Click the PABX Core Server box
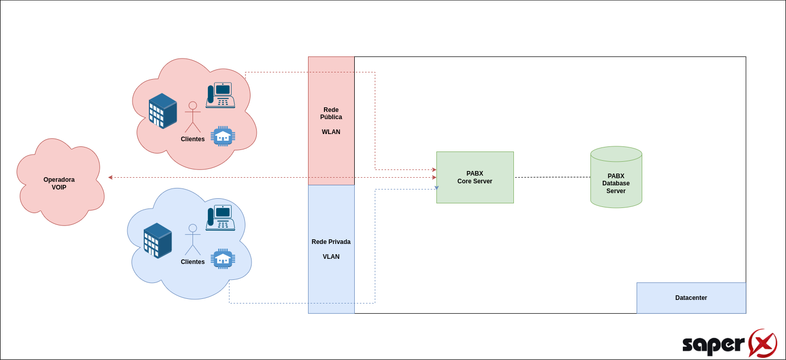(x=475, y=177)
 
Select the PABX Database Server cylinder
(x=616, y=177)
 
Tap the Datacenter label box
(x=691, y=298)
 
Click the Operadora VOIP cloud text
(x=59, y=183)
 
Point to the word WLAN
(x=331, y=132)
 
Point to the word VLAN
(x=331, y=256)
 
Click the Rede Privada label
(x=331, y=242)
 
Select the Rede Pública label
(x=331, y=113)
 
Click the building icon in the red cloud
(x=163, y=111)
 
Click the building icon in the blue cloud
(x=158, y=241)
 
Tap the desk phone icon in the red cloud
(x=220, y=95)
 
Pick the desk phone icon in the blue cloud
(x=220, y=218)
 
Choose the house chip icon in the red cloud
(x=223, y=136)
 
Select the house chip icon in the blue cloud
(x=223, y=259)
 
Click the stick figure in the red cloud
(x=193, y=117)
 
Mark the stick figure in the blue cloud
(x=193, y=240)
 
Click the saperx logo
(x=730, y=343)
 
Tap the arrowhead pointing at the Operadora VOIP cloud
(x=110, y=178)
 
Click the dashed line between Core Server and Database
(x=552, y=177)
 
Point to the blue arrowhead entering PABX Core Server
(x=436, y=188)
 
